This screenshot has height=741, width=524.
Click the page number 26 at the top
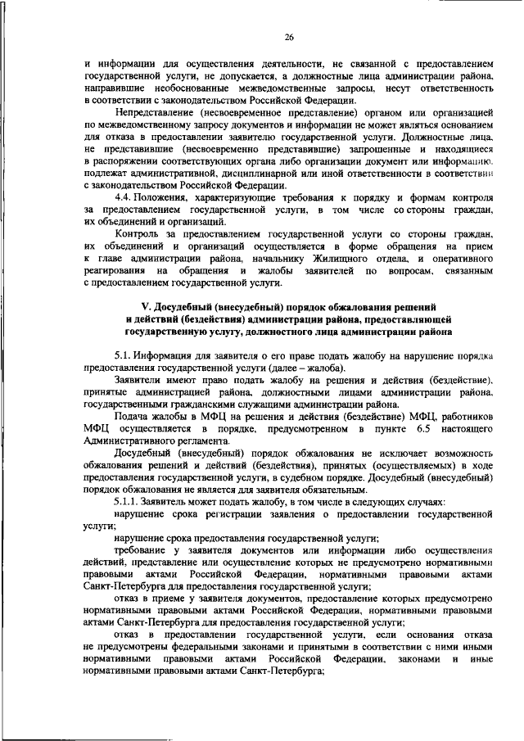pos(289,36)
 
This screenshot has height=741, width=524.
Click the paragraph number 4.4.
pos(125,198)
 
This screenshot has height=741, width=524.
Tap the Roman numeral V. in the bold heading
pos(125,305)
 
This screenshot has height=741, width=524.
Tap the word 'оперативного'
pos(456,257)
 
